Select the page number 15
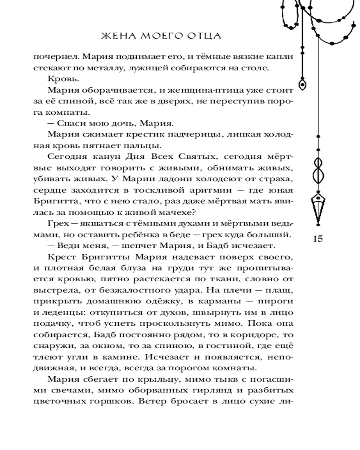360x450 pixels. (317, 238)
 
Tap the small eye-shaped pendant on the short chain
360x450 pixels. (303, 84)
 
